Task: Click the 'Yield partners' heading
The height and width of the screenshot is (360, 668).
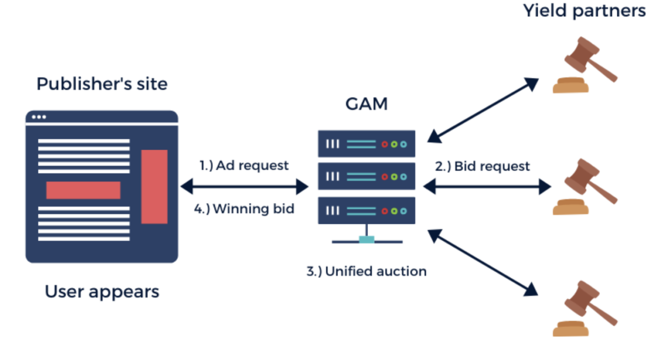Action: tap(584, 11)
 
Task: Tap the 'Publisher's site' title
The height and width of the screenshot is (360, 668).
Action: tap(102, 84)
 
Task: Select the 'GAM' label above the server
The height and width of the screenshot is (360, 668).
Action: tap(366, 104)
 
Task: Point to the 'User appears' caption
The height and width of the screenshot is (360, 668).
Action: tap(102, 291)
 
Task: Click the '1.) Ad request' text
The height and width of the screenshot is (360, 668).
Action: tap(244, 165)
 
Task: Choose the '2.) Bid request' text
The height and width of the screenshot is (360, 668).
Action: tap(483, 166)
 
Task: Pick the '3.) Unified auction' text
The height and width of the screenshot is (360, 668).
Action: tap(366, 271)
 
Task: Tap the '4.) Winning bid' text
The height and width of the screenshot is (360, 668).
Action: tap(244, 209)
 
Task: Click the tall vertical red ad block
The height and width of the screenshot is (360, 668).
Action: tap(154, 187)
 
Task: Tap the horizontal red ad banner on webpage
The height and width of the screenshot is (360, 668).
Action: tap(83, 190)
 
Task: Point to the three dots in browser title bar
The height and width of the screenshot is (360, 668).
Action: tap(39, 117)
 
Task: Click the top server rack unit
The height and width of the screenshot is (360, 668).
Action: tap(366, 143)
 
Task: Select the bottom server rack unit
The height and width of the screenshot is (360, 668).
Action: tap(366, 210)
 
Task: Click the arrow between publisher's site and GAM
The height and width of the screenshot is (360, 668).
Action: tap(244, 186)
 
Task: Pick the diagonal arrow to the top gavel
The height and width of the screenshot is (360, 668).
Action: tap(483, 110)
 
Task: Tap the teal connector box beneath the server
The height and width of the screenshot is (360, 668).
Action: tap(366, 239)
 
